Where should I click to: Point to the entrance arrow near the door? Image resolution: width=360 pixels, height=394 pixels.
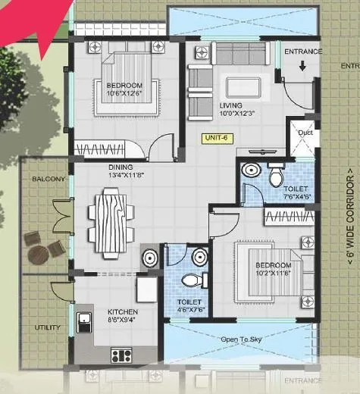point(302,67)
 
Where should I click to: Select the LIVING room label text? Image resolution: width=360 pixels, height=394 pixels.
point(231,105)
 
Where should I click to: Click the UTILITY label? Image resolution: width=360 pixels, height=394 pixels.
point(46,328)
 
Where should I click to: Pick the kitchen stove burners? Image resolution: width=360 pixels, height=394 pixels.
point(121,354)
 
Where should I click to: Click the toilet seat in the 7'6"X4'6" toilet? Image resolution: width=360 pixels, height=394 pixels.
point(274,176)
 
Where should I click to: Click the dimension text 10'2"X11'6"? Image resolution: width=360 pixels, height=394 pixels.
point(273,274)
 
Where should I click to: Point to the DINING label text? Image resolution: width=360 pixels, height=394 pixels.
point(121,167)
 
